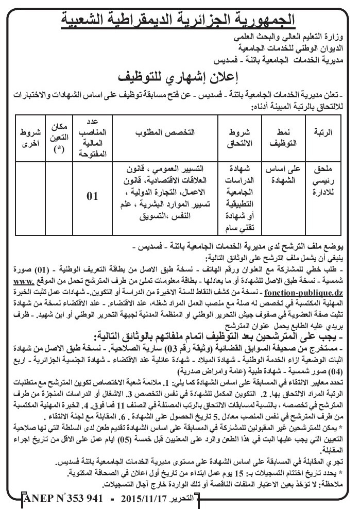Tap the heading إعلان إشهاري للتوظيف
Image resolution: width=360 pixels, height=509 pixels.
[x=180, y=78]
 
